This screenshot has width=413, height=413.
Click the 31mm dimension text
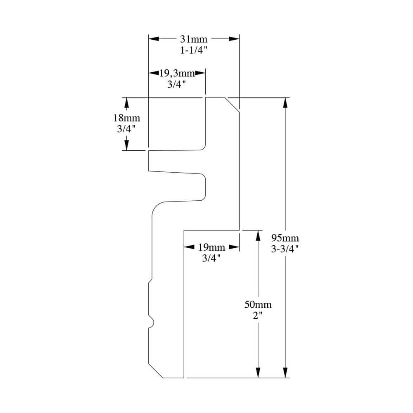coord(194,39)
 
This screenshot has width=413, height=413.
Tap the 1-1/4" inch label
coord(194,50)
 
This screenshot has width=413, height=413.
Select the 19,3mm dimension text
coord(177,73)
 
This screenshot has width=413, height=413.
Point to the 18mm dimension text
coord(126,118)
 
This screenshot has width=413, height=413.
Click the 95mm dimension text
coord(285,238)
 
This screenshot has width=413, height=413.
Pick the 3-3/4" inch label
coord(285,249)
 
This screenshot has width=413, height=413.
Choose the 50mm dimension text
coord(258,304)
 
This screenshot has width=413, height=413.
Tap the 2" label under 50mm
coord(258,316)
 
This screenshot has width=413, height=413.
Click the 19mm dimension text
coord(211,247)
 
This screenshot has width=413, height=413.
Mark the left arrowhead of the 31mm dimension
coord(154,39)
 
